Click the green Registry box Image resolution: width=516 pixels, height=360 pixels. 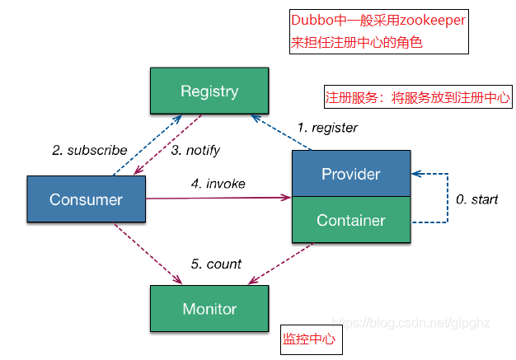click(209, 91)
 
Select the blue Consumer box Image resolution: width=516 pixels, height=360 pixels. click(86, 199)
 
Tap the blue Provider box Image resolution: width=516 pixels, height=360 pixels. click(350, 174)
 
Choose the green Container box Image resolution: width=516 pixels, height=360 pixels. click(350, 220)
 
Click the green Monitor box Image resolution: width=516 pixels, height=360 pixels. click(209, 309)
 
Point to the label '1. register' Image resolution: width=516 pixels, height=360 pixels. click(327, 128)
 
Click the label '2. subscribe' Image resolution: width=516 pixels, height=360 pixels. click(89, 150)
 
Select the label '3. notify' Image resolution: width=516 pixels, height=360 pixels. click(195, 150)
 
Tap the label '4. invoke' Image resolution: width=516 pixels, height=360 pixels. click(218, 184)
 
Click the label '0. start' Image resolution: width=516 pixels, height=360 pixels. click(477, 199)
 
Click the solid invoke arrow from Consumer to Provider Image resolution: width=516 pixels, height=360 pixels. click(218, 198)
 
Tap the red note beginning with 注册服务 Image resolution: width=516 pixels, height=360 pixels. click(418, 96)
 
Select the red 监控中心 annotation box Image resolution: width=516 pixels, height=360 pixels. click(308, 339)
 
